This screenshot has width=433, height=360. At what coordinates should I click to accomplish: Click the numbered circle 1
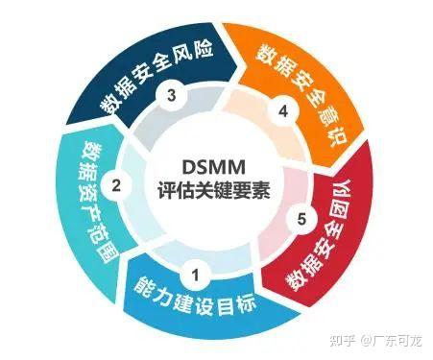click(x=196, y=276)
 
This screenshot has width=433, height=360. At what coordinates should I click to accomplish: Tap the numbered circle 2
click(x=116, y=185)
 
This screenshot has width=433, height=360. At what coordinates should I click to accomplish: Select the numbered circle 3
click(x=171, y=95)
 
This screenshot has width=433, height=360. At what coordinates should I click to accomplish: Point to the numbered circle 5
click(x=302, y=220)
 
